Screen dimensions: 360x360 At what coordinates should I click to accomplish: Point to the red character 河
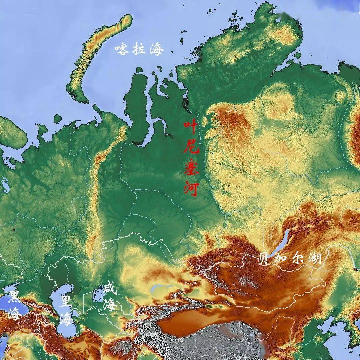(191, 189)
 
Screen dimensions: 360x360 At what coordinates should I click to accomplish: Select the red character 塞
(192, 168)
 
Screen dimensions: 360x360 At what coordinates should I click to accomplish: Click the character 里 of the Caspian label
(66, 303)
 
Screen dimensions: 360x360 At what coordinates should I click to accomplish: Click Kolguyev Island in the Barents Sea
(57, 118)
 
